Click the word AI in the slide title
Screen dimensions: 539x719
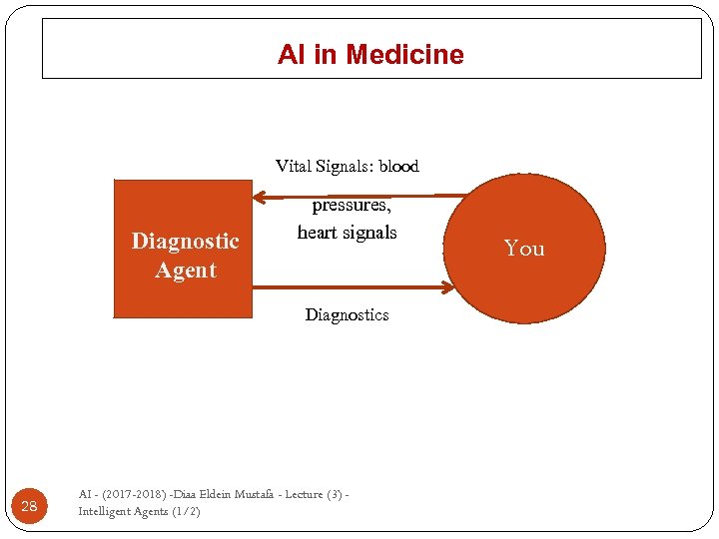(291, 55)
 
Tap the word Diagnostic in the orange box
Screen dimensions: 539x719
(186, 241)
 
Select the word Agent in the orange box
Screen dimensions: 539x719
(186, 269)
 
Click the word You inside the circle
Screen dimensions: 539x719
(524, 248)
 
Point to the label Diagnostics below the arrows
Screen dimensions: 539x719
(347, 314)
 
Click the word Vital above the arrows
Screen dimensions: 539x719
(294, 166)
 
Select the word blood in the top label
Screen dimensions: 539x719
(398, 166)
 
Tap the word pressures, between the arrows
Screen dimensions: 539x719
(352, 205)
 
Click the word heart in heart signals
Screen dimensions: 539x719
(319, 232)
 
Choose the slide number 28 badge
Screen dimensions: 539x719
(29, 506)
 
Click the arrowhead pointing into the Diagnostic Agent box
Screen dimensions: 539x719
(259, 195)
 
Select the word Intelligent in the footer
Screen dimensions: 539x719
(105, 511)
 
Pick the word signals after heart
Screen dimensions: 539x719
(370, 232)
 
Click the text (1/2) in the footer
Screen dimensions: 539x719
(186, 511)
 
